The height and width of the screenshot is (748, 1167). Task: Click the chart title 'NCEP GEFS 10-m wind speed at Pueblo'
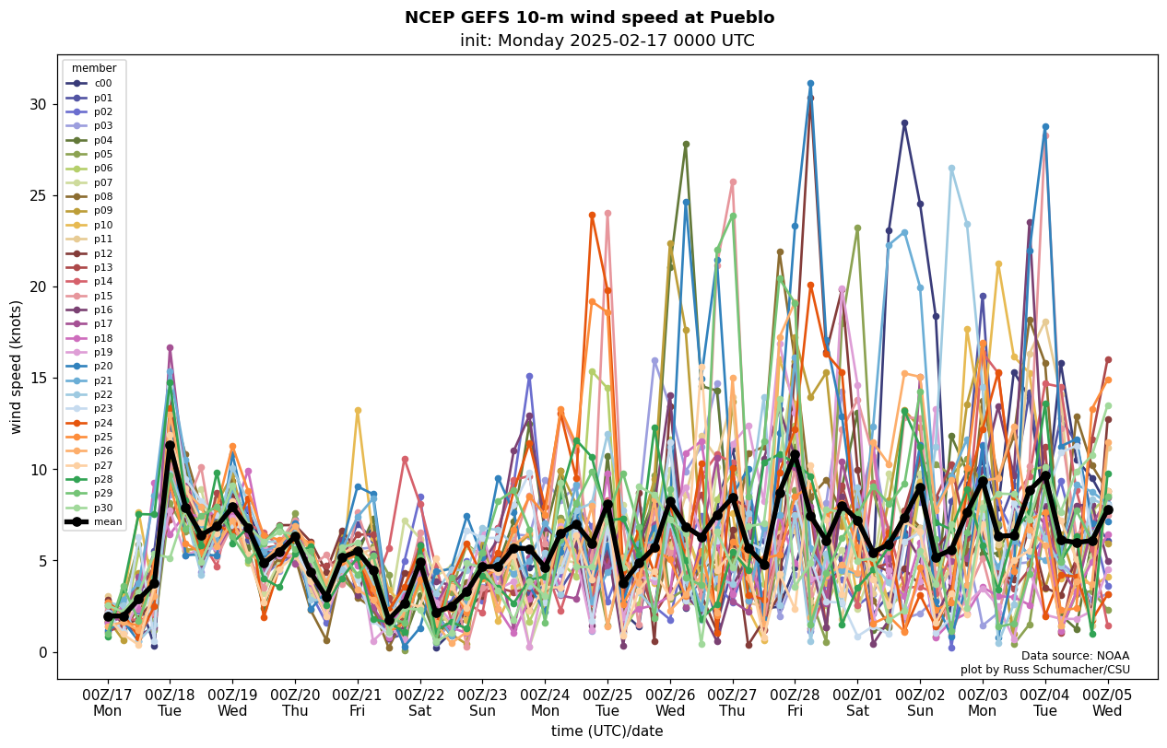(x=589, y=18)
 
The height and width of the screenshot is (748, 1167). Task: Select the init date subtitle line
(x=607, y=41)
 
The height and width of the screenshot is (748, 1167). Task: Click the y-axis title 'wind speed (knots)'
(x=17, y=367)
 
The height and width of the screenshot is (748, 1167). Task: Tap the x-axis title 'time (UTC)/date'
(x=607, y=731)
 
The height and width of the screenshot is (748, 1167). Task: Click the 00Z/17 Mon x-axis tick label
(x=107, y=703)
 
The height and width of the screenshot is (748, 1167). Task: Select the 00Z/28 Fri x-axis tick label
(x=795, y=703)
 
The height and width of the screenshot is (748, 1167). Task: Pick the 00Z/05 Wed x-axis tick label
(x=1107, y=703)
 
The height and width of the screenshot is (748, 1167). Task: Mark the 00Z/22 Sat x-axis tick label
(x=419, y=703)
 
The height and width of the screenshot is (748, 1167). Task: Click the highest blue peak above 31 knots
(x=810, y=84)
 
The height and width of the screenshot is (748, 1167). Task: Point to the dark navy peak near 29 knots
(x=904, y=123)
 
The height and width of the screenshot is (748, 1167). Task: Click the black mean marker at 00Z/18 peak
(x=170, y=445)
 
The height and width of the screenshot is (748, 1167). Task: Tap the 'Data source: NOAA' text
(x=1075, y=656)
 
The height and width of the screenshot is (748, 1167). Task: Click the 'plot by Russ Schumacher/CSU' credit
(x=1044, y=670)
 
